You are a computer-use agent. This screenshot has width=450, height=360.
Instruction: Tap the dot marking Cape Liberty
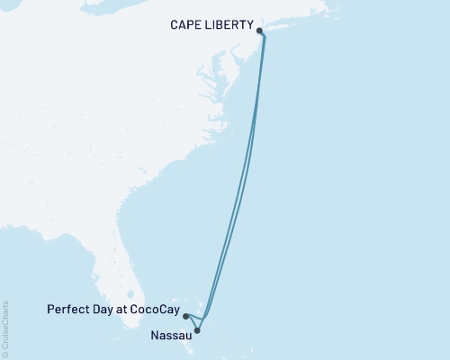[260, 31]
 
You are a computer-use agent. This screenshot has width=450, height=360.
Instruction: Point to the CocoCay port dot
[184, 316]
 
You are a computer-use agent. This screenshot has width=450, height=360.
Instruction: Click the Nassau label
[168, 335]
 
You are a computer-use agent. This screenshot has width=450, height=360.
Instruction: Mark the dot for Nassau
[197, 329]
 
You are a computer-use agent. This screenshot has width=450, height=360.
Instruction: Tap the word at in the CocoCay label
[122, 310]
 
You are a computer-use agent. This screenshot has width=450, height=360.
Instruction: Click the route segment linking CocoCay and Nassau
[191, 323]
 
